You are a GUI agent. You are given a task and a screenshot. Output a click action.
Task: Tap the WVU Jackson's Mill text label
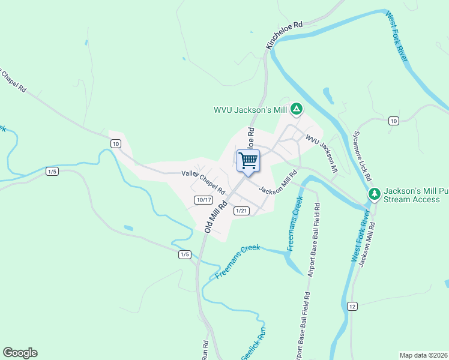pyautogui.click(x=250, y=110)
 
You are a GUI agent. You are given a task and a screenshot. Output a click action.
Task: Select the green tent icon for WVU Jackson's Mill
pyautogui.click(x=295, y=109)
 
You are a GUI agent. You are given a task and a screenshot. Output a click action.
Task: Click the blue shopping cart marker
pyautogui.click(x=248, y=160)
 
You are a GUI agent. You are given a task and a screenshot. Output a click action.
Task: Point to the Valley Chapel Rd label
pyautogui.click(x=203, y=182)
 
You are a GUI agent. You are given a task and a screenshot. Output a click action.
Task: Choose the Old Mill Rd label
pyautogui.click(x=216, y=217)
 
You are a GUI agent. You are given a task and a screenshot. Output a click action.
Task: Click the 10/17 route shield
pyautogui.click(x=203, y=200)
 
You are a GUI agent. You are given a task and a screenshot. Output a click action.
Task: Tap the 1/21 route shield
pyautogui.click(x=241, y=210)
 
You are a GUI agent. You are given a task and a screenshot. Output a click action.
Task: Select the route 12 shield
pyautogui.click(x=352, y=307)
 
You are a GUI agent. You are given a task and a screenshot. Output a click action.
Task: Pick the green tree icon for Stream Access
pyautogui.click(x=374, y=194)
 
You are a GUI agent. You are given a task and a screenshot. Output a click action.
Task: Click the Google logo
pyautogui.click(x=20, y=353)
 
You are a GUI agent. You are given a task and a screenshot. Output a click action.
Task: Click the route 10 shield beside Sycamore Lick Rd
pyautogui.click(x=393, y=121)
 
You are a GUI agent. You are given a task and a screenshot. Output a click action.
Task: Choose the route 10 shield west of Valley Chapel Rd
pyautogui.click(x=116, y=143)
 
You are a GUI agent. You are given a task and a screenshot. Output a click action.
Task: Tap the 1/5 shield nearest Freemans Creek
pyautogui.click(x=184, y=255)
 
